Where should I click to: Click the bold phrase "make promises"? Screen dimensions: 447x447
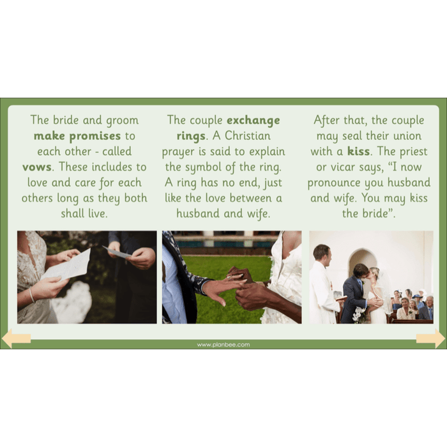77,136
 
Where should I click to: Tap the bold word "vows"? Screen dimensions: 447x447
36,167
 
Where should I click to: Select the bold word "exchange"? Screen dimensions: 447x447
253,120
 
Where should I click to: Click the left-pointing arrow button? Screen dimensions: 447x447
16,338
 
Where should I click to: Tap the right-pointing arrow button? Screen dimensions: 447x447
431,338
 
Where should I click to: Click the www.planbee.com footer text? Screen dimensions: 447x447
223,345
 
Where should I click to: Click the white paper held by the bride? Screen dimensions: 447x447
68,263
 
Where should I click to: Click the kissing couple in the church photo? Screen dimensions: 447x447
364,291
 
